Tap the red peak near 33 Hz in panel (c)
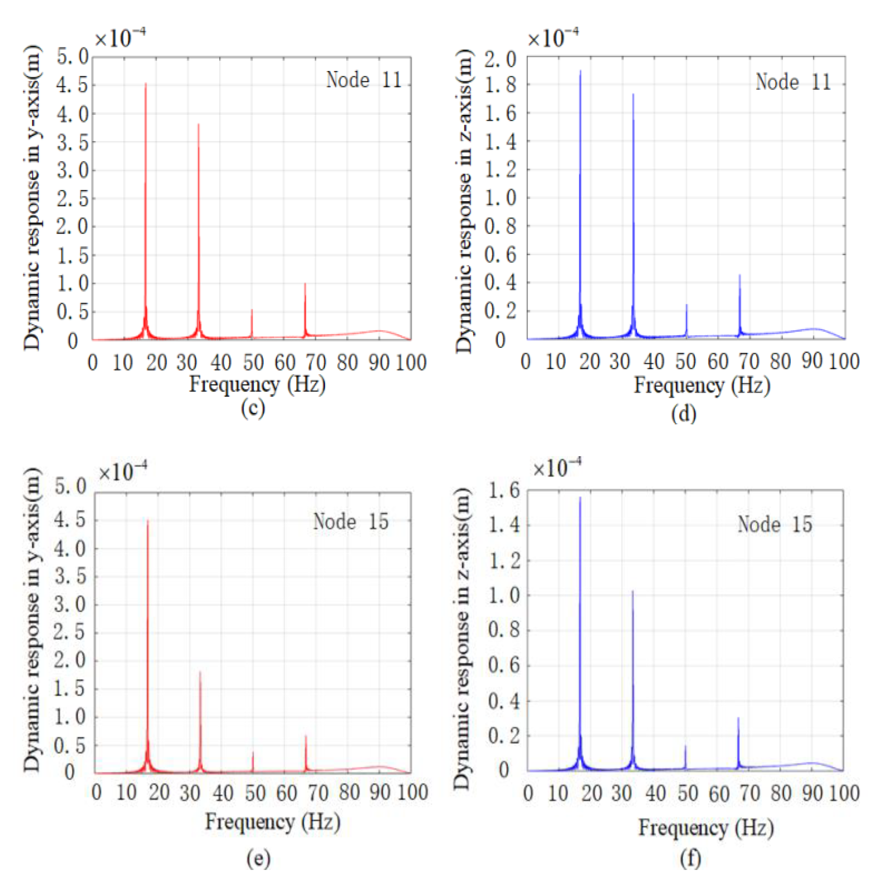pyautogui.click(x=198, y=125)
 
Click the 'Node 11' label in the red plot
pyautogui.click(x=364, y=80)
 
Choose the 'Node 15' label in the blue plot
pyautogui.click(x=775, y=524)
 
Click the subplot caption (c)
pyautogui.click(x=253, y=408)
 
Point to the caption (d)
pyautogui.click(x=683, y=413)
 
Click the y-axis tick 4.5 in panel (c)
pyautogui.click(x=72, y=85)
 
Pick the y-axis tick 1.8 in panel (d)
pyautogui.click(x=500, y=85)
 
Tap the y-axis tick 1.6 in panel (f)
pyautogui.click(x=504, y=490)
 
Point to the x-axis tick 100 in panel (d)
pyautogui.click(x=844, y=361)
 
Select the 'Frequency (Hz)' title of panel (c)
pyautogui.click(x=257, y=384)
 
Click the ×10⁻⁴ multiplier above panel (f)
pyautogui.click(x=557, y=468)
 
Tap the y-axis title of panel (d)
pyautogui.click(x=464, y=201)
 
